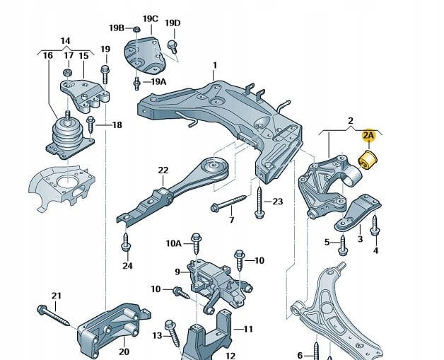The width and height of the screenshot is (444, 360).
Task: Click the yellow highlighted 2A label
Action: coord(368,134)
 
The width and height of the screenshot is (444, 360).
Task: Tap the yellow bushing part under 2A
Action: coord(369,161)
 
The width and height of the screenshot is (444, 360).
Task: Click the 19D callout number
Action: coord(173,23)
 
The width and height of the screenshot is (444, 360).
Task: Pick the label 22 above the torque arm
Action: coord(163,170)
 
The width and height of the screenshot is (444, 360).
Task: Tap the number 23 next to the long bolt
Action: coord(277,202)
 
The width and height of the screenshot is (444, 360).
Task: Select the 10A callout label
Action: coord(174,243)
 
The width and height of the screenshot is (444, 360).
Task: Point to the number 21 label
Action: coord(57,295)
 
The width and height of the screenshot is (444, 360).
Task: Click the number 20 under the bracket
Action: coord(124,352)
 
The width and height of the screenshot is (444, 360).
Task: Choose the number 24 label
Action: coord(127,266)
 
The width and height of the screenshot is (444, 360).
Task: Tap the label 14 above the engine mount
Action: coord(65,40)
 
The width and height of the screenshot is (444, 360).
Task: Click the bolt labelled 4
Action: coord(375,226)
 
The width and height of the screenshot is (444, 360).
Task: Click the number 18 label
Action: coord(117,125)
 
